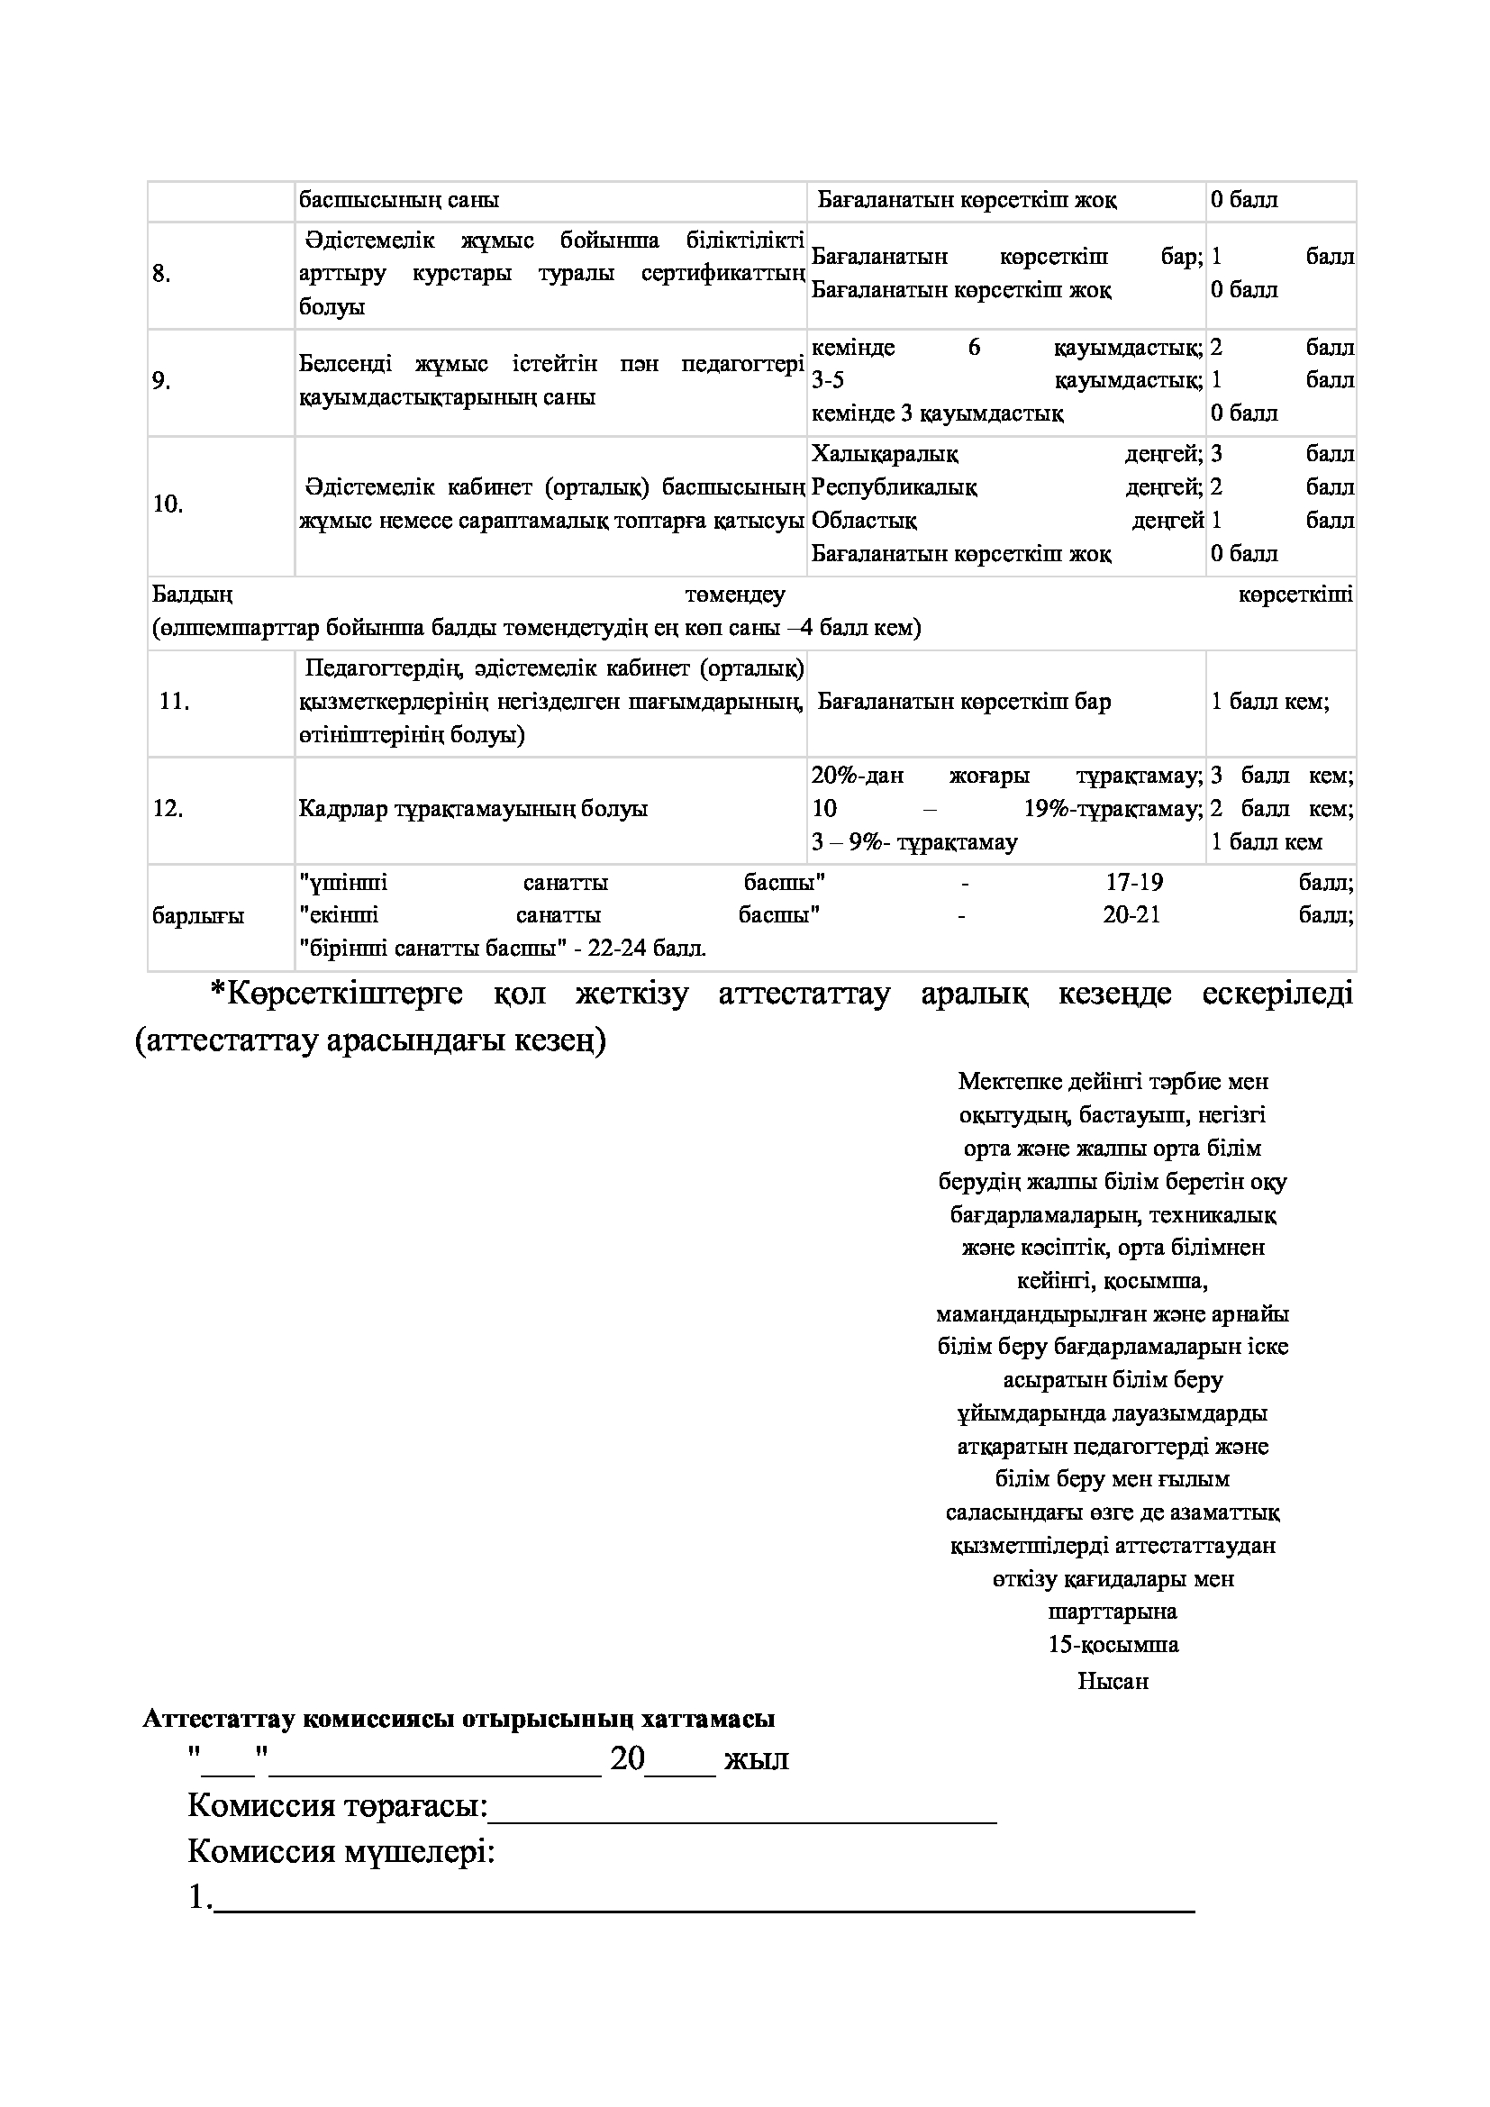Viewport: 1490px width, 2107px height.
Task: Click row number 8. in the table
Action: click(161, 274)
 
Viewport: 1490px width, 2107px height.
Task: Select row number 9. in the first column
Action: click(161, 380)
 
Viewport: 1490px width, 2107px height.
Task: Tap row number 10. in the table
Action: click(168, 504)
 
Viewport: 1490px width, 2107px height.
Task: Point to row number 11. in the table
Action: click(175, 702)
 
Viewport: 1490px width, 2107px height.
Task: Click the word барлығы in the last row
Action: click(198, 916)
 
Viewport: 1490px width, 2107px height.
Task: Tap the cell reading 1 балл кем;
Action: click(1270, 702)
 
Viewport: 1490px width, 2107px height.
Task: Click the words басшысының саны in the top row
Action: click(399, 200)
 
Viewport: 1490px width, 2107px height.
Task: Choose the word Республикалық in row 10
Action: click(895, 487)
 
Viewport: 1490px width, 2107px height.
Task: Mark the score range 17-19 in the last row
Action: click(1134, 883)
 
